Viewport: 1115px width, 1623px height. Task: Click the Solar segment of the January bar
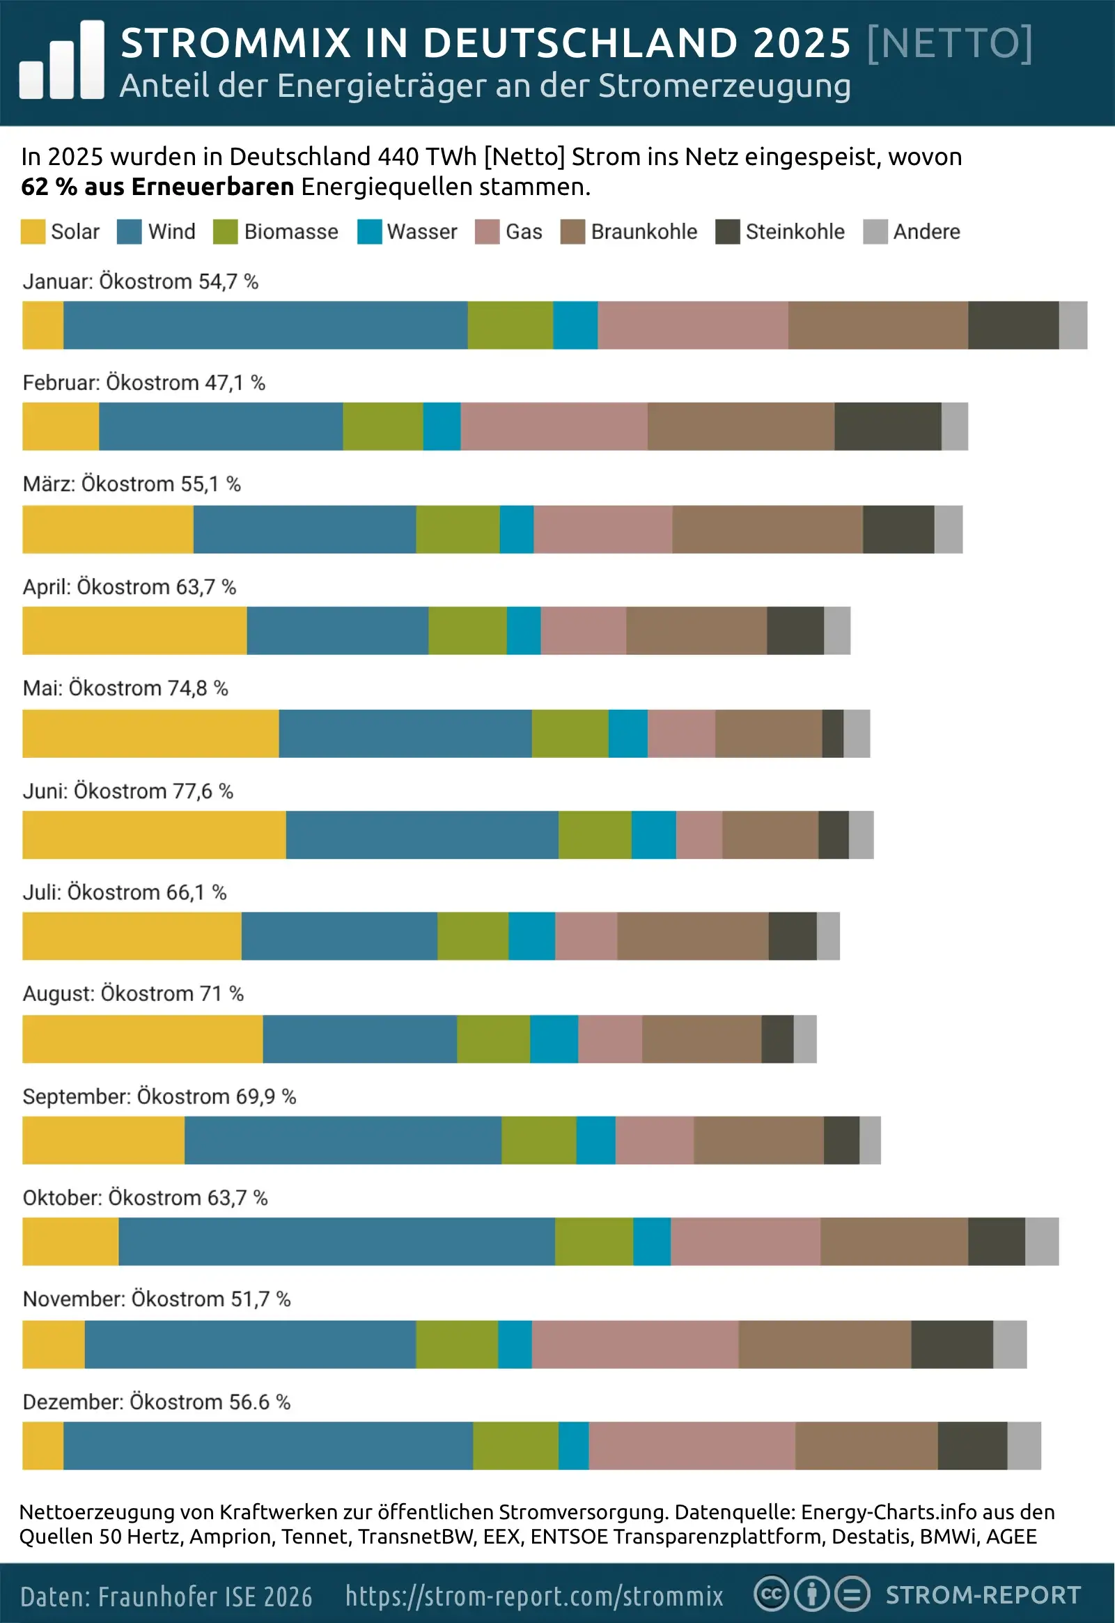pyautogui.click(x=42, y=325)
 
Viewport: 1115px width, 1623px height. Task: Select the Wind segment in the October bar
pyautogui.click(x=336, y=1241)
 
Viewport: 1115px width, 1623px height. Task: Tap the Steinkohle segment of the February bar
pyautogui.click(x=887, y=426)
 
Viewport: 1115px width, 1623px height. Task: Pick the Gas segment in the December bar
pyautogui.click(x=692, y=1445)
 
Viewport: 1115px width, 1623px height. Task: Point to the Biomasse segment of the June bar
pyautogui.click(x=595, y=834)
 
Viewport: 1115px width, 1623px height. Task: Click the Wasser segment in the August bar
pyautogui.click(x=554, y=1039)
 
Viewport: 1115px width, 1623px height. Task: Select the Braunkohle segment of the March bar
pyautogui.click(x=767, y=529)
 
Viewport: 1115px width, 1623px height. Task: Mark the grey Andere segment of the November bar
pyautogui.click(x=1010, y=1344)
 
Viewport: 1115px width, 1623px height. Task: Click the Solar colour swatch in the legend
pyautogui.click(x=33, y=232)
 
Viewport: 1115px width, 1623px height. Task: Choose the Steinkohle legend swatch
pyautogui.click(x=727, y=232)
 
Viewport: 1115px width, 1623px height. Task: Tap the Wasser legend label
pyautogui.click(x=422, y=232)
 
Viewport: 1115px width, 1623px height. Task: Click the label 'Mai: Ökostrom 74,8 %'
pyautogui.click(x=126, y=688)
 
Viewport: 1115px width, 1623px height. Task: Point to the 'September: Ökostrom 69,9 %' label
pyautogui.click(x=159, y=1096)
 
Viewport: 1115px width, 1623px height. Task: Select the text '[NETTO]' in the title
pyautogui.click(x=949, y=43)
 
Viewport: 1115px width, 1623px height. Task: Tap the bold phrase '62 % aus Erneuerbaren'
pyautogui.click(x=157, y=187)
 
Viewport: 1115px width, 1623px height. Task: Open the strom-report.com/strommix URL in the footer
pyautogui.click(x=534, y=1596)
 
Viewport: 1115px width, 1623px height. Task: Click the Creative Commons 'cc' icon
pyautogui.click(x=770, y=1594)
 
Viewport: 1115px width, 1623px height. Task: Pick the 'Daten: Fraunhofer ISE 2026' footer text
pyautogui.click(x=166, y=1597)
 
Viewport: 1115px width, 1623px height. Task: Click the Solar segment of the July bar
pyautogui.click(x=132, y=935)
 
